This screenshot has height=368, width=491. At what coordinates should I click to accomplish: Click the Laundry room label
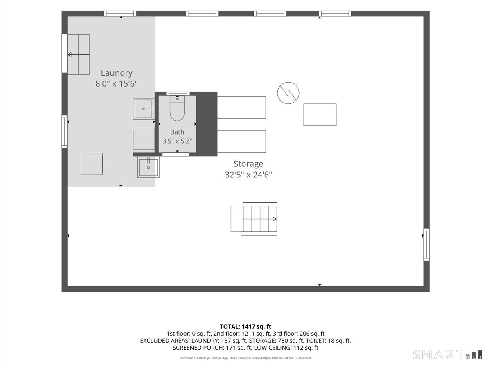(x=117, y=73)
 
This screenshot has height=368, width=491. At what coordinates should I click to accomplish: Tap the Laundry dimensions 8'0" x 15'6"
(x=117, y=84)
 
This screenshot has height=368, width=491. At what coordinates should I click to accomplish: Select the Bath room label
(x=177, y=132)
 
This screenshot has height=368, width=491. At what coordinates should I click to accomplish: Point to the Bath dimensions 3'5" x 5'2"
(x=177, y=141)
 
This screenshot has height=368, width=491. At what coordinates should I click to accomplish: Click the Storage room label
(x=248, y=164)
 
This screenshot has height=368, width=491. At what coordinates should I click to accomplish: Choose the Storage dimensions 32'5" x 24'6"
(x=248, y=175)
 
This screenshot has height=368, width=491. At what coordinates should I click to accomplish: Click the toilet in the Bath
(x=177, y=108)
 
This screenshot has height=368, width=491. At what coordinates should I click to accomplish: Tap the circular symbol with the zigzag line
(x=288, y=93)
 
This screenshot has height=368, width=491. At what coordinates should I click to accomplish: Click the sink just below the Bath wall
(x=148, y=167)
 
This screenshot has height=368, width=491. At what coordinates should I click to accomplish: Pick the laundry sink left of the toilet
(x=144, y=109)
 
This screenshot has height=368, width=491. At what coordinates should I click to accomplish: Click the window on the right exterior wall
(x=427, y=245)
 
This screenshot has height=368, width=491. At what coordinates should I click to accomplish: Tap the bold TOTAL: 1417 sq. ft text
(x=245, y=327)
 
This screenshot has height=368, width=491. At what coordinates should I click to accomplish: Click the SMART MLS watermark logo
(x=447, y=355)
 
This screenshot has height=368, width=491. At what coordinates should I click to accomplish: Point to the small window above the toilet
(x=178, y=93)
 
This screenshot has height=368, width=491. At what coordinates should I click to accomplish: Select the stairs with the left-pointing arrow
(x=78, y=54)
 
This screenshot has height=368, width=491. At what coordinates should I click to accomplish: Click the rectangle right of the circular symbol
(x=320, y=114)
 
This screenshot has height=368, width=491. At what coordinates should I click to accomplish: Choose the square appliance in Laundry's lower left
(x=92, y=164)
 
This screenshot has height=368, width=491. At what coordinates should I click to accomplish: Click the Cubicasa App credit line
(x=245, y=358)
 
